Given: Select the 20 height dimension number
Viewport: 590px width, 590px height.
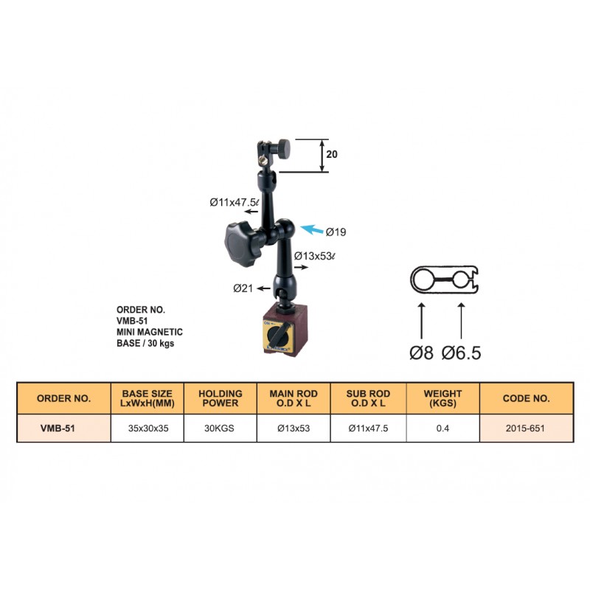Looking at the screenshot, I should [332, 155].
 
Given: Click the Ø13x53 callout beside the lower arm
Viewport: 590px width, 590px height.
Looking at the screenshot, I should [315, 256].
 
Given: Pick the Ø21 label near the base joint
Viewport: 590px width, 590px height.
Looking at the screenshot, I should [243, 288].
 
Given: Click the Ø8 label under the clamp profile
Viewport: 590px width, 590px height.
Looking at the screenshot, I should [421, 353].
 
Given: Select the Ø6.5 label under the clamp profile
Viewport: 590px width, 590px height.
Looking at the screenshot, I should [462, 353].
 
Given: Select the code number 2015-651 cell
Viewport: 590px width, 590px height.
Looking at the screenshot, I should [526, 428].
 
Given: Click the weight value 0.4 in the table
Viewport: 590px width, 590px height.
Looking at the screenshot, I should [442, 428].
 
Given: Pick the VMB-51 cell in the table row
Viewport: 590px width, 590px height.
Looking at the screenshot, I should [63, 428].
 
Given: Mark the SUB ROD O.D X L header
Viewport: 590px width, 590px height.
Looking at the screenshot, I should [367, 398].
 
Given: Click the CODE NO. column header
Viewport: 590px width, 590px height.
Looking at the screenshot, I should [526, 398].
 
